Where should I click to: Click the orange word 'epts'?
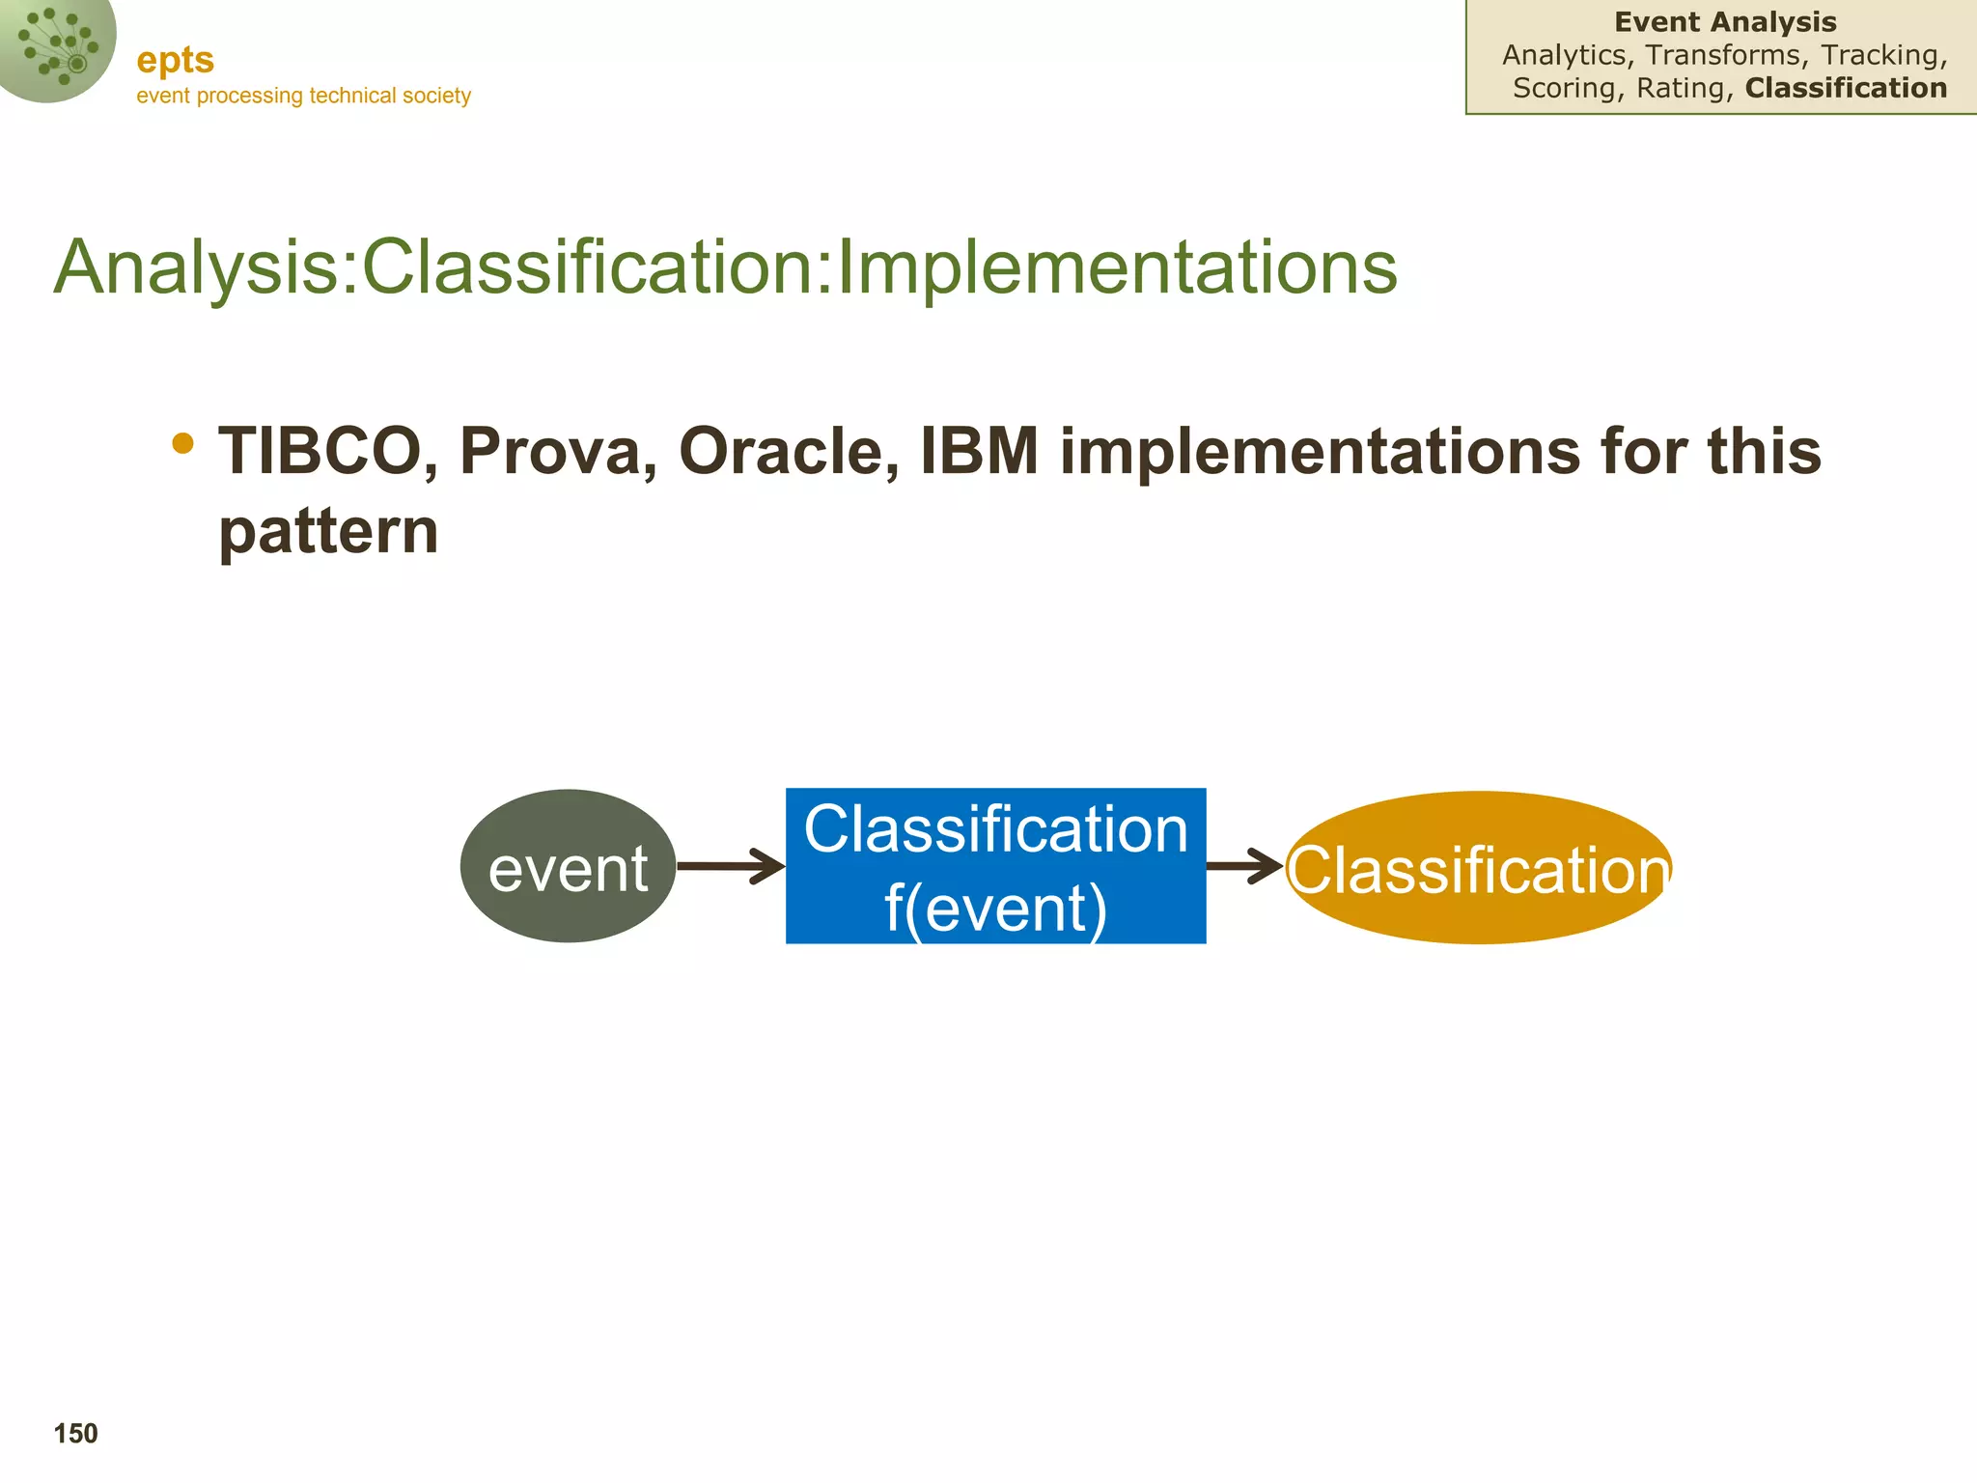click(175, 61)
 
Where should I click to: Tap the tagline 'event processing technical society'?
click(303, 96)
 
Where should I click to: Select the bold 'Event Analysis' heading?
click(1725, 22)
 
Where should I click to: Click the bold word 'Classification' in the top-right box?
click(1846, 88)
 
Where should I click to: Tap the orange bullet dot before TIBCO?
click(182, 444)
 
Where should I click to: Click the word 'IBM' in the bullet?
click(979, 451)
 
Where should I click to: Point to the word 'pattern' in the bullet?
click(328, 531)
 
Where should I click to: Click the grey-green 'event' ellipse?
click(568, 866)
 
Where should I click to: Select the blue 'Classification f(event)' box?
click(995, 866)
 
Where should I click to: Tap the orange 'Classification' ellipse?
click(1478, 868)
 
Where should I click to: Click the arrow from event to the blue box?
click(730, 866)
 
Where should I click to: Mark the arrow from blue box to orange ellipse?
click(1244, 866)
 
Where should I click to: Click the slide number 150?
click(75, 1434)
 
